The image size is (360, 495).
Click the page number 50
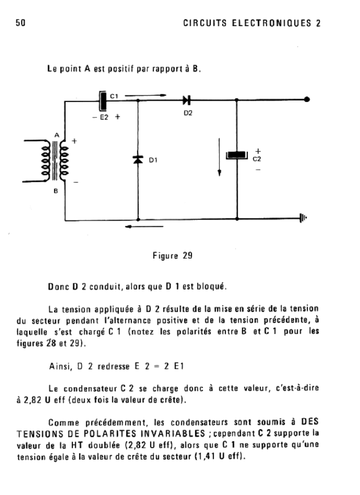click(20, 23)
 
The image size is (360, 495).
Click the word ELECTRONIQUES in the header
click(272, 23)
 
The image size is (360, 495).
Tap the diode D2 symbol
click(187, 100)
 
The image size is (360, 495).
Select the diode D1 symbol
click(138, 160)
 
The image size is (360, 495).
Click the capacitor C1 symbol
click(103, 101)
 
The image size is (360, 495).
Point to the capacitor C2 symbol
click(237, 155)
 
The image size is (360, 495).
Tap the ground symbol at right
click(303, 218)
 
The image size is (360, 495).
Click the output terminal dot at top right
click(307, 100)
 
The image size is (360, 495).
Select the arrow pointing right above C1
click(145, 95)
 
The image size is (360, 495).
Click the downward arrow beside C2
click(219, 157)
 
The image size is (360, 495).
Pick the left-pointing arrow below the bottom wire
click(144, 226)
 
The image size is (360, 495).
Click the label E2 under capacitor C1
click(104, 117)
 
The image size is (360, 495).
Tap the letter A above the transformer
click(57, 135)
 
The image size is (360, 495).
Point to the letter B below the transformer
click(56, 191)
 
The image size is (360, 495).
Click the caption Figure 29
click(173, 255)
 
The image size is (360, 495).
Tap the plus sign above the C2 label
click(258, 151)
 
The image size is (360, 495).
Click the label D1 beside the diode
click(153, 160)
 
